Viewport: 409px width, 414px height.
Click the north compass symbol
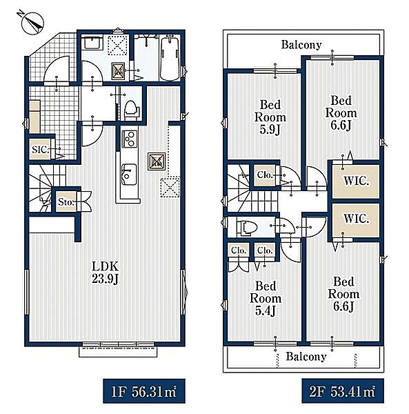click(x=32, y=23)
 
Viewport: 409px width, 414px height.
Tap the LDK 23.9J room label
click(x=105, y=273)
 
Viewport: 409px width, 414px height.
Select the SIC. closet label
click(x=41, y=150)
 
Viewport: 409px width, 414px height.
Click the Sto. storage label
click(x=66, y=202)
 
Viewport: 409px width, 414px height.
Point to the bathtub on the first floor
click(x=170, y=59)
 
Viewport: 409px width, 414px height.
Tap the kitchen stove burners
click(x=129, y=139)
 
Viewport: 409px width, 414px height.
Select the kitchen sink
click(x=129, y=175)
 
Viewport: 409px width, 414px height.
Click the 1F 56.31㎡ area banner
click(x=144, y=391)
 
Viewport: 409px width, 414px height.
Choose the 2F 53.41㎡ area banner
click(x=343, y=391)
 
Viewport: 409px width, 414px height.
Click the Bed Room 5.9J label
click(x=270, y=117)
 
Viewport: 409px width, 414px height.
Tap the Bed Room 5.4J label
click(x=266, y=299)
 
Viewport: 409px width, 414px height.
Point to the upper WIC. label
click(x=356, y=181)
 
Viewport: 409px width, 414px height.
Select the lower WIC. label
click(x=356, y=219)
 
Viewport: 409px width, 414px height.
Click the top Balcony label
click(x=301, y=45)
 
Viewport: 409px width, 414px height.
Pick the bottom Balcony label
click(x=306, y=357)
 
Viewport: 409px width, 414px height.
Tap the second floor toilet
click(x=247, y=228)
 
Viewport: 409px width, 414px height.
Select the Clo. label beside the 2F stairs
click(x=265, y=175)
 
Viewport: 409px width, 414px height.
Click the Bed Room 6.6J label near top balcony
click(x=341, y=113)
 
